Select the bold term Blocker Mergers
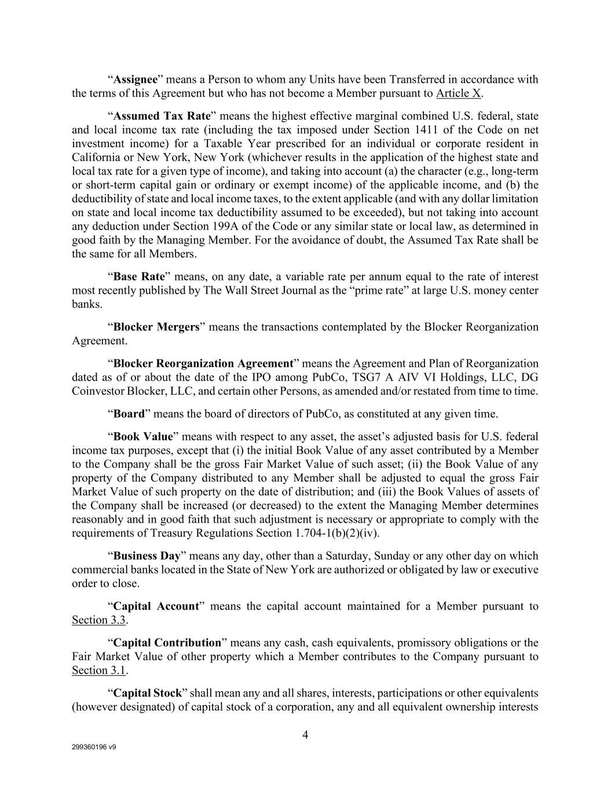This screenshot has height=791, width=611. coord(156,327)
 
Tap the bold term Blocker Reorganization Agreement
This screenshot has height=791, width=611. coord(203,363)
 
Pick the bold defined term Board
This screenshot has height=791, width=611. coord(129,414)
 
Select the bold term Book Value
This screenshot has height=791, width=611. coord(143,436)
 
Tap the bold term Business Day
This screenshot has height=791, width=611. coord(147,556)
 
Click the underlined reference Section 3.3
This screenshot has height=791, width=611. coord(98,620)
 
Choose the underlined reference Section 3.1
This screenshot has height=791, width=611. coord(98,670)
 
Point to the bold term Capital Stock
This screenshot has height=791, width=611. coord(147,693)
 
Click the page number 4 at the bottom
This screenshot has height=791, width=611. coord(305,735)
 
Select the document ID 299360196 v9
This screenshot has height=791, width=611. coord(94,748)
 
